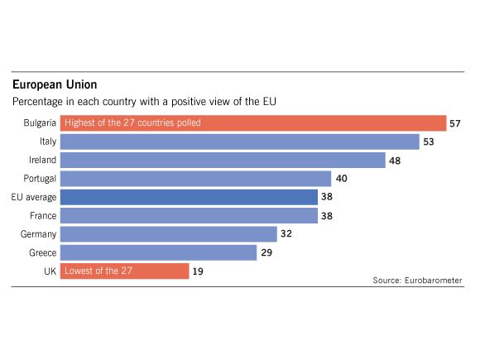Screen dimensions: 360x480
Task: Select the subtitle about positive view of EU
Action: (x=143, y=102)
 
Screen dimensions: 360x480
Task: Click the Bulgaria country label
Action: (x=39, y=123)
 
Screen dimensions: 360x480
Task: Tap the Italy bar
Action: (x=240, y=142)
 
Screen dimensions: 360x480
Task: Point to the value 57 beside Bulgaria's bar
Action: (x=454, y=123)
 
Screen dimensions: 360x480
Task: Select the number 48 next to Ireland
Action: (x=395, y=160)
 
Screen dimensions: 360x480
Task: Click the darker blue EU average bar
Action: (x=189, y=197)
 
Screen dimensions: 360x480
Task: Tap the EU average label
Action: (x=34, y=197)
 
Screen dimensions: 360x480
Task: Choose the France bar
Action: (x=189, y=215)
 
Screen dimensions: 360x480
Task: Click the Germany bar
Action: (x=169, y=233)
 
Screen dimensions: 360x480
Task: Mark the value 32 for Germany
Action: (x=286, y=233)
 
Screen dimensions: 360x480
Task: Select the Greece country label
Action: (x=41, y=252)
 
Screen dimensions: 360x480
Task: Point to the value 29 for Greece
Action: (x=266, y=252)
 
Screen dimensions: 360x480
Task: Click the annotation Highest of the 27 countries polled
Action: (x=132, y=123)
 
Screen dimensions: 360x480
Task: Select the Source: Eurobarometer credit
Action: (x=417, y=281)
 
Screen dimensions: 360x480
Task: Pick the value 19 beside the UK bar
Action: (x=199, y=271)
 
